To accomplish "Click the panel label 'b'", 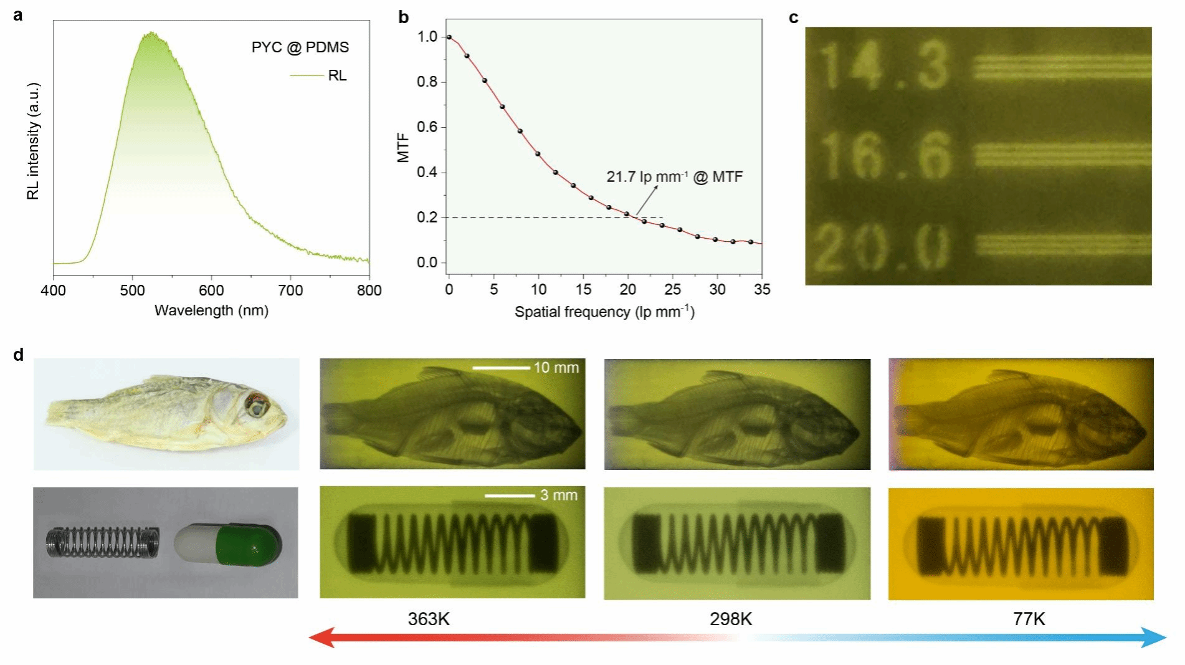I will pos(404,17).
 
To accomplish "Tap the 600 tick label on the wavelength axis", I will pos(211,290).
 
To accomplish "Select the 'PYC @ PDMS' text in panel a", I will pos(300,47).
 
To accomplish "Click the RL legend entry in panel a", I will pos(337,75).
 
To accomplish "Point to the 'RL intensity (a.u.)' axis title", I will pos(33,141).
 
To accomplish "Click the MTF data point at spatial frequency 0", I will pos(449,37).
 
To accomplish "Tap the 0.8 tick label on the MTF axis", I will pos(427,82).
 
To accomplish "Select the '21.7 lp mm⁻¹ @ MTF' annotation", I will pos(674,177).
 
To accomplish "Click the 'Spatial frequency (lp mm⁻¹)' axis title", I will pos(604,312).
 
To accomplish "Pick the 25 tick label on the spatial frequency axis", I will pos(673,290).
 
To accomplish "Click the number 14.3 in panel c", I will pos(883,65).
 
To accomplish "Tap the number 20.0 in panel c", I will pos(881,248).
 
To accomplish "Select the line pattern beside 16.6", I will pos(1062,155).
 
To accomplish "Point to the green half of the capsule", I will pos(248,543).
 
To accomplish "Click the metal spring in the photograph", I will pos(102,541).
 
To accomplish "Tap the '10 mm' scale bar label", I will pos(556,368).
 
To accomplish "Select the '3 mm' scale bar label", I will pos(558,495).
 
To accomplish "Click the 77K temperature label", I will pos(1029,619).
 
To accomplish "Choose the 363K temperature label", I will pos(429,619).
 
